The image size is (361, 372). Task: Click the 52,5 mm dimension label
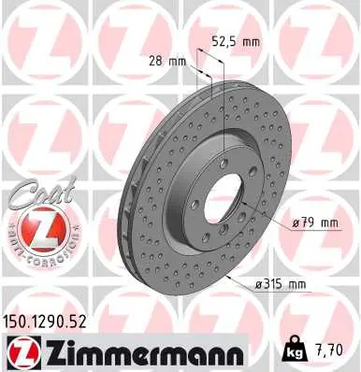pyautogui.click(x=236, y=41)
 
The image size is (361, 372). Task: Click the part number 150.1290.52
pyautogui.click(x=49, y=321)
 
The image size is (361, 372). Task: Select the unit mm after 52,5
pyautogui.click(x=249, y=41)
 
